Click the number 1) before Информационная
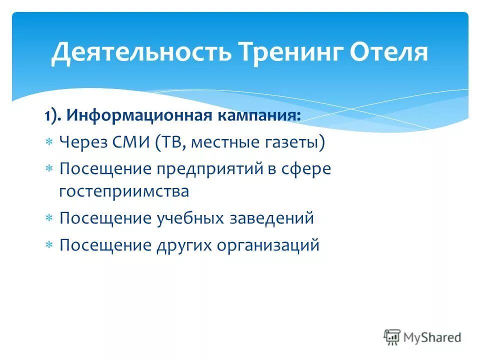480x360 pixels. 51,116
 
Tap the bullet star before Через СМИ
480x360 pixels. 49,143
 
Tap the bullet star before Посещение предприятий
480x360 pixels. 49,169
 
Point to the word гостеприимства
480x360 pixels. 124,191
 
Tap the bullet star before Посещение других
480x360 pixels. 49,245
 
